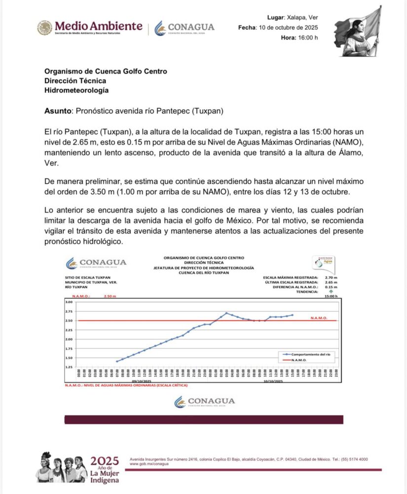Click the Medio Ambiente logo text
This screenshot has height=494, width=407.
[99, 26]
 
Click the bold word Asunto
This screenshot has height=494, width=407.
[58, 111]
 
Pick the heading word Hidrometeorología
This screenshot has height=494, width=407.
[76, 90]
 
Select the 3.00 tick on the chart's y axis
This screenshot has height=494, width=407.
[69, 302]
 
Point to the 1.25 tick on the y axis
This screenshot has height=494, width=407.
[69, 368]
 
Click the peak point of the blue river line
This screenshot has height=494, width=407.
[226, 313]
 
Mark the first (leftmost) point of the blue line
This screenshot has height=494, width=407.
[117, 362]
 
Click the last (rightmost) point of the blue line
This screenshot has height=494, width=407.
[292, 315]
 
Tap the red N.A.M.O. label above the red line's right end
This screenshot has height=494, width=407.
[319, 318]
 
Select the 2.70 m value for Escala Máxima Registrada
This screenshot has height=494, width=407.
[332, 278]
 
